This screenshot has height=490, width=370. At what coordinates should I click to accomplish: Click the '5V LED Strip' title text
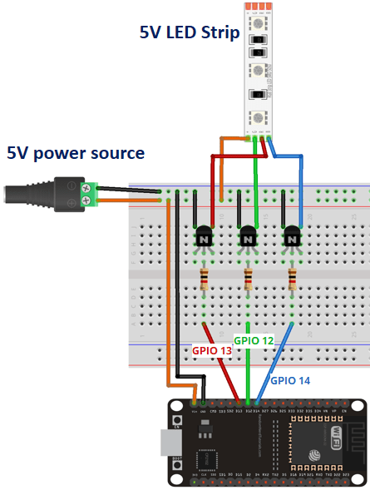pos(190,33)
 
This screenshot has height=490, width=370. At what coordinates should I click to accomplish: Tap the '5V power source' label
pos(76,153)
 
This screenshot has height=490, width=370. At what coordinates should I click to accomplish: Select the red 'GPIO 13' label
pos(212,350)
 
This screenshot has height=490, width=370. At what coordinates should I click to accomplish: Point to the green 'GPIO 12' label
pos(254,340)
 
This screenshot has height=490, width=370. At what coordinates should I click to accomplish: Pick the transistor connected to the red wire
pos(204,238)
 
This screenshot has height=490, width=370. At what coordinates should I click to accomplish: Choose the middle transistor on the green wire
pos(248,238)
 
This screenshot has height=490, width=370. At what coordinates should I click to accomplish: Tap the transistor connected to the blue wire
pos(292,238)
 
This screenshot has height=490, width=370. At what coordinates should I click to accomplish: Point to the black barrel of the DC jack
pos(42,193)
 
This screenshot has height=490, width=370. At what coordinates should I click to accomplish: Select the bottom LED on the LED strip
pos(259,116)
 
